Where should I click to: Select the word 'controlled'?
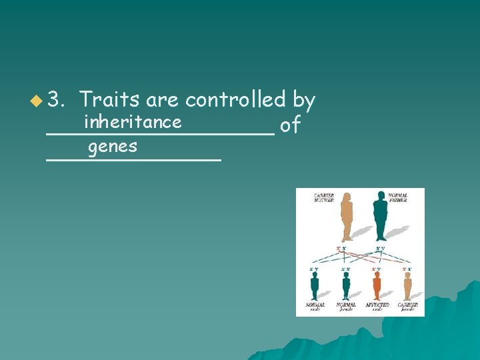tap(235, 100)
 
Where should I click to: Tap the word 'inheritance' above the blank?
tap(133, 121)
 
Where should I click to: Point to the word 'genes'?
tap(113, 146)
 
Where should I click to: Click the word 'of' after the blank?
tap(290, 125)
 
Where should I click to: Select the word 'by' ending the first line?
tap(303, 100)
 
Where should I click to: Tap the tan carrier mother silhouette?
tap(346, 217)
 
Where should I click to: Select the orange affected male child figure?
tap(377, 285)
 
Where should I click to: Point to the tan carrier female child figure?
tap(407, 285)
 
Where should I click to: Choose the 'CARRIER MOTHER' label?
tap(326, 197)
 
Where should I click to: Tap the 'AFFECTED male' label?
tap(377, 307)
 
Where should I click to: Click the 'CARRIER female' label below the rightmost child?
tap(407, 307)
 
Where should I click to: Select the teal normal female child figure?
tap(345, 285)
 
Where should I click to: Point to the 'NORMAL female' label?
tap(345, 307)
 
